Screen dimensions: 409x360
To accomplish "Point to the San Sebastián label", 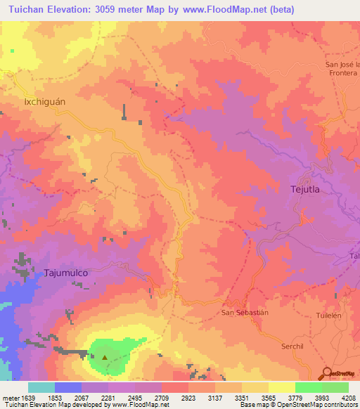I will pos(245,312).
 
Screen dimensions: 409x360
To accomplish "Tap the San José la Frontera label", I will pos(342,70).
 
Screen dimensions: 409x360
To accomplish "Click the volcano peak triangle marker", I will pos(105,356).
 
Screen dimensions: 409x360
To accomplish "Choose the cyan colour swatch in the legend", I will pos(41,387).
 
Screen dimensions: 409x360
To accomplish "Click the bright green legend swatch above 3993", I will pos(308,387).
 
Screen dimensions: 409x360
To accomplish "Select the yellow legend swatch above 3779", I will pos(281,387).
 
